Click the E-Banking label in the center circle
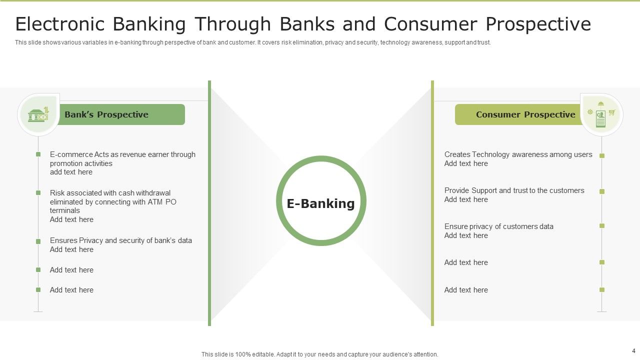click(320, 203)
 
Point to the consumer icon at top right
click(601, 114)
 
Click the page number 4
click(634, 351)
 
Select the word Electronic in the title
click(60, 24)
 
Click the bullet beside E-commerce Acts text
click(38, 154)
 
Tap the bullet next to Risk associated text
click(38, 192)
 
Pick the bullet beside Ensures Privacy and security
click(38, 241)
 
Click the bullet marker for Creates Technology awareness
click(602, 155)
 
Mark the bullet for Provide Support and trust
click(602, 191)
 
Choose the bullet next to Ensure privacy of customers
click(602, 225)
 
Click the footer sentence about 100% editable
click(319, 354)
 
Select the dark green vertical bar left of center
click(209, 203)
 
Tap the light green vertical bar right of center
click(432, 203)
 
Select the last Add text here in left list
click(71, 290)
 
